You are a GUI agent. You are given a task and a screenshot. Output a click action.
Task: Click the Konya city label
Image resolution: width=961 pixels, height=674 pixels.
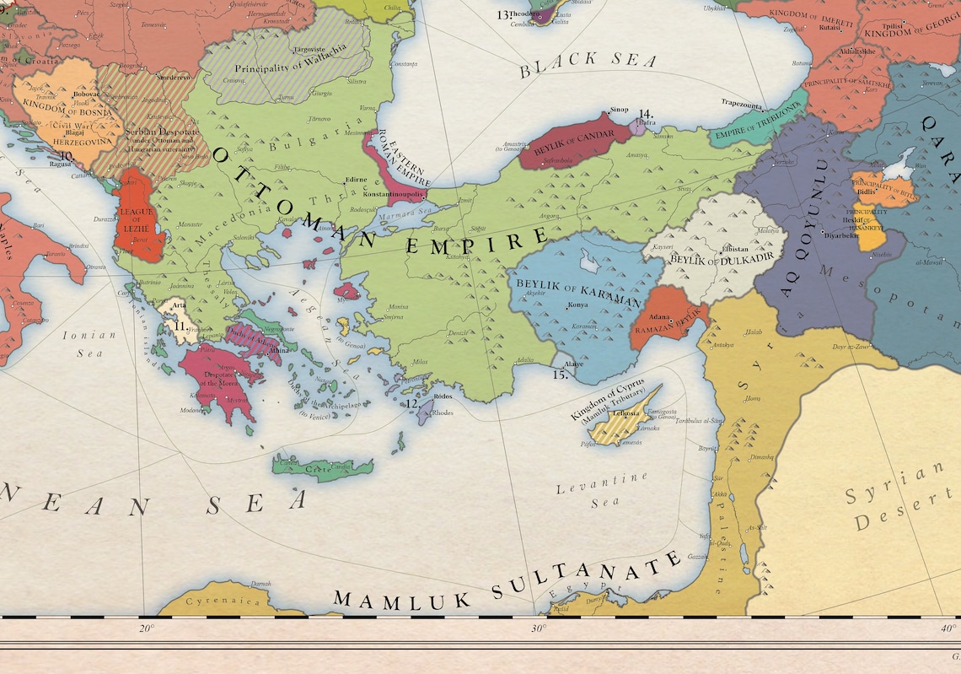pyautogui.click(x=579, y=304)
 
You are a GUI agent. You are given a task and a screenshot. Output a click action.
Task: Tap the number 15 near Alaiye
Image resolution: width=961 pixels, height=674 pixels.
pyautogui.click(x=560, y=375)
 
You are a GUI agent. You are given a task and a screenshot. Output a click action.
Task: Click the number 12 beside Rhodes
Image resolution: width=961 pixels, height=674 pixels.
pyautogui.click(x=413, y=404)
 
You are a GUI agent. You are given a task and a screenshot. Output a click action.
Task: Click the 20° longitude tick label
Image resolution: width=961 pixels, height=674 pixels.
pyautogui.click(x=146, y=628)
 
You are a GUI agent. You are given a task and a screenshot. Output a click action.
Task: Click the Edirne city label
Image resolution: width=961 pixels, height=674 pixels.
pyautogui.click(x=355, y=180)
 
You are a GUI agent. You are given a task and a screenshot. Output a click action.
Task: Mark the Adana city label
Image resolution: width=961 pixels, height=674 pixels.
pyautogui.click(x=659, y=315)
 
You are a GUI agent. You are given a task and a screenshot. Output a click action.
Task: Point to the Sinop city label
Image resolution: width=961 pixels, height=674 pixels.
pyautogui.click(x=619, y=111)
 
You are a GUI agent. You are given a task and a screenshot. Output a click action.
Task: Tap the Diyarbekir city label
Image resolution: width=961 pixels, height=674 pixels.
pyautogui.click(x=840, y=235)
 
